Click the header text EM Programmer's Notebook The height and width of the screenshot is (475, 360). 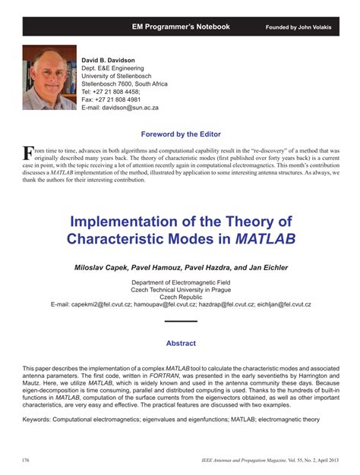[180, 27]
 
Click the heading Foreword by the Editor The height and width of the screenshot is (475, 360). [180, 134]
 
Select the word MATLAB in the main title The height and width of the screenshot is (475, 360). [265, 237]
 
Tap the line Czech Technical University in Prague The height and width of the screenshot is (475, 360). [180, 289]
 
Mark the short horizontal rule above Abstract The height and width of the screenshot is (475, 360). [180, 322]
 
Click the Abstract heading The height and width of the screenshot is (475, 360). [180, 343]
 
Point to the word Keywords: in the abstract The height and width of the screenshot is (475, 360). [40, 419]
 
